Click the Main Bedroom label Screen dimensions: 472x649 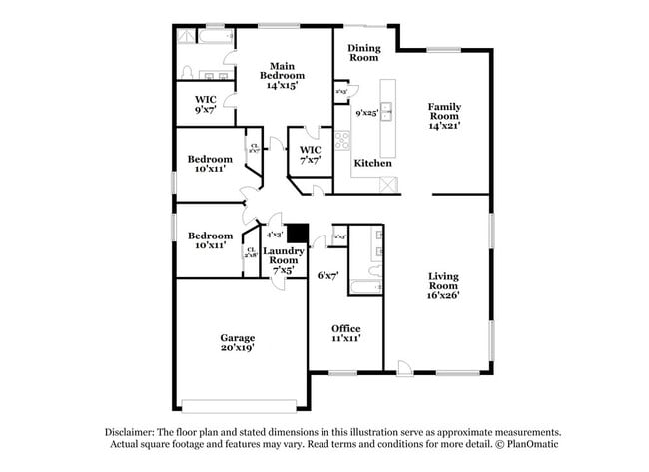(x=276, y=77)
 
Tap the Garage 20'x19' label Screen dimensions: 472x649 (x=238, y=343)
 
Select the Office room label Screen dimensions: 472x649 (x=346, y=333)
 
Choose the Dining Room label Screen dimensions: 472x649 (x=363, y=53)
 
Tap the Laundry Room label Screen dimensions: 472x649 (x=283, y=259)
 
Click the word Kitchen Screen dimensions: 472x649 (x=373, y=163)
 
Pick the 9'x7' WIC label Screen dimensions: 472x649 (x=206, y=105)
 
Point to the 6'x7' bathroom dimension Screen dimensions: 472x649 (x=327, y=274)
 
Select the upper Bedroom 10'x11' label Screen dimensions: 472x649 (x=211, y=164)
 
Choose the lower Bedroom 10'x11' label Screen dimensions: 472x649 (x=211, y=240)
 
